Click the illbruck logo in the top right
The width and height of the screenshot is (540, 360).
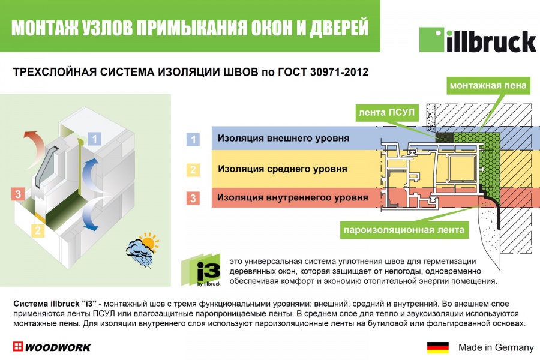[x=477, y=40]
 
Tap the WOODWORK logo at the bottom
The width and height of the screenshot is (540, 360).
[x=52, y=347]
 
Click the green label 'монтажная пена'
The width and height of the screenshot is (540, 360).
[x=489, y=86]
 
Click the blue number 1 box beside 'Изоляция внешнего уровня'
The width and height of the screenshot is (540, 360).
[x=192, y=139]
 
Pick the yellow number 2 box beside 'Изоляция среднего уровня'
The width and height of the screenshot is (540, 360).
[x=192, y=169]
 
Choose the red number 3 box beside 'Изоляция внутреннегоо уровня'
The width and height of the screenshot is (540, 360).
[x=192, y=197]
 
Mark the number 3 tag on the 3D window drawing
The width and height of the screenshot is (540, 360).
[x=19, y=194]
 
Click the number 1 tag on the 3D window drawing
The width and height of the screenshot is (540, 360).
[x=95, y=139]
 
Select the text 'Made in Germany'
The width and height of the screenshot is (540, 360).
[x=496, y=347]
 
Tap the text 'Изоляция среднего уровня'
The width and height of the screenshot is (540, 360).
[x=282, y=169]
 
